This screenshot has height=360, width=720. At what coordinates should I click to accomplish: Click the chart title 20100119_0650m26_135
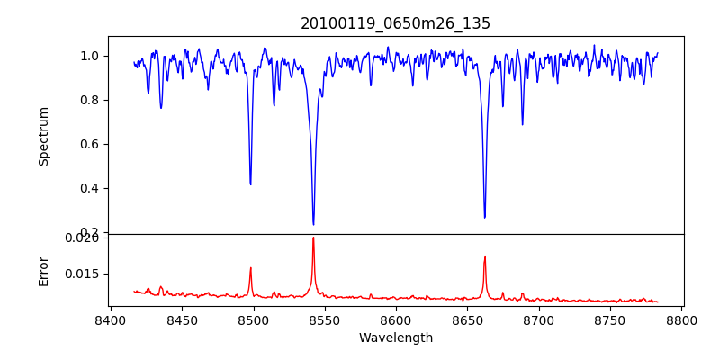[395, 23]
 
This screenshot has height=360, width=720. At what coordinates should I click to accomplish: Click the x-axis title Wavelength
[395, 337]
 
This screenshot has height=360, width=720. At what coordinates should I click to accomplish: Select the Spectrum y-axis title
[44, 136]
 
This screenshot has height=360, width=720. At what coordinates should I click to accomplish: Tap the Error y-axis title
[44, 270]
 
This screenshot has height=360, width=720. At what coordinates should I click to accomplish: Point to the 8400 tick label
[110, 319]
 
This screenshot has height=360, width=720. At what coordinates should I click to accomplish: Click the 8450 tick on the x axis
[182, 319]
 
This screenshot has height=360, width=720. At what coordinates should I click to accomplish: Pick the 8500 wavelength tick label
[253, 319]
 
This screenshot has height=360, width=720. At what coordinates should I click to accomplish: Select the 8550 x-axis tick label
[325, 319]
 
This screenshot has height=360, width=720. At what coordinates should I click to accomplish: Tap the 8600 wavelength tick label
[396, 319]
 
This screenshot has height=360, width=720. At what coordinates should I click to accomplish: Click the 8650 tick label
[467, 319]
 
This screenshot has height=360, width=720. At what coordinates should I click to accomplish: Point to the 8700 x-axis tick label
[539, 319]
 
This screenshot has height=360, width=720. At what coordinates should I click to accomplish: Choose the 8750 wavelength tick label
[610, 319]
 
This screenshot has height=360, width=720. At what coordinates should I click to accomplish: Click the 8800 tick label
[681, 319]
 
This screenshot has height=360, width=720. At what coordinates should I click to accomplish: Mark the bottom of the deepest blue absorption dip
[313, 224]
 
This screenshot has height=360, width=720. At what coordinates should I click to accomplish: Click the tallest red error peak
[313, 238]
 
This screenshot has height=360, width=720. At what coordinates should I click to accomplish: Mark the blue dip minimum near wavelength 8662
[484, 217]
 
